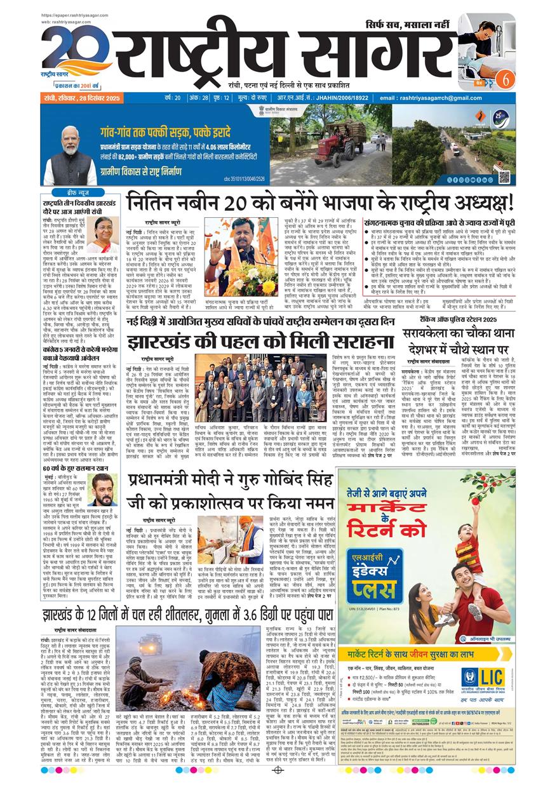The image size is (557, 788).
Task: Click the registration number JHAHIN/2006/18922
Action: coord(328,98)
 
